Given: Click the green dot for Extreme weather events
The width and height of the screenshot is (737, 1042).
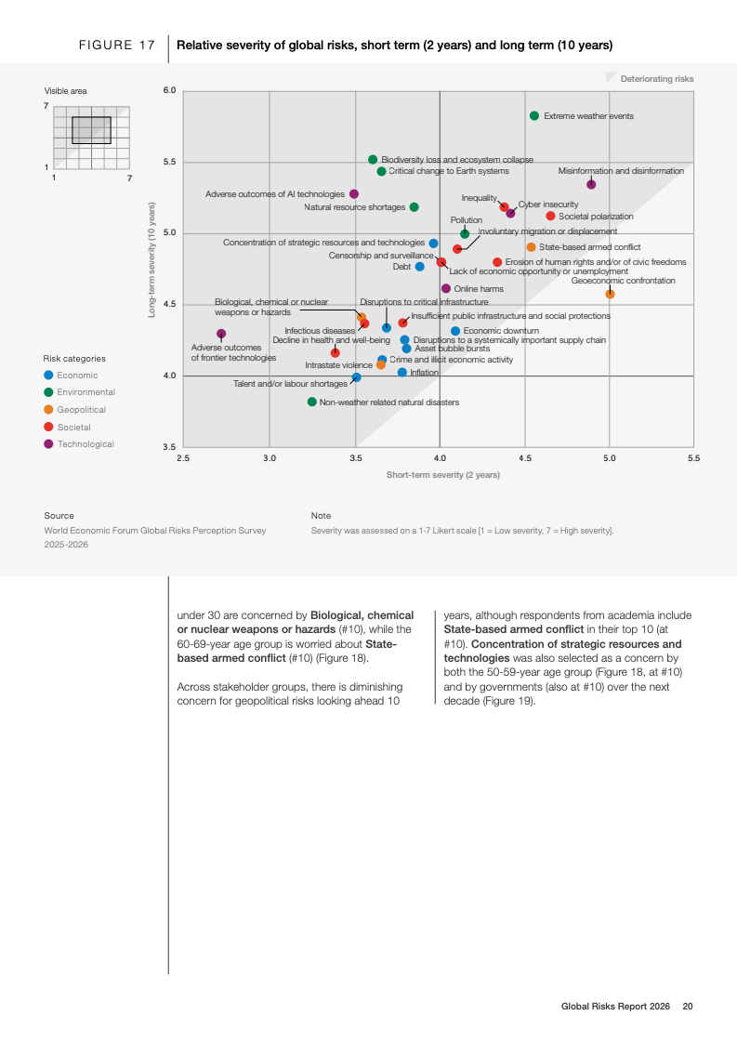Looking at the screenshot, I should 534,116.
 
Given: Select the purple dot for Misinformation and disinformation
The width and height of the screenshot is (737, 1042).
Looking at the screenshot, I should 591,185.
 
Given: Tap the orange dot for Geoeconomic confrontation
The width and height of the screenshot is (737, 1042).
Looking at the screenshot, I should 610,294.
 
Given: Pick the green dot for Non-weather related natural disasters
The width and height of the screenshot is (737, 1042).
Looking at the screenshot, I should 312,402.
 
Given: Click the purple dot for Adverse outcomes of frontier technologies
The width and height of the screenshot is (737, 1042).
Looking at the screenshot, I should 221,334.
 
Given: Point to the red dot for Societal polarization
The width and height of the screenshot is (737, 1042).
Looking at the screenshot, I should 550,216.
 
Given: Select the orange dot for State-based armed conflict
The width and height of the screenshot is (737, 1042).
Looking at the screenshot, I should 531,247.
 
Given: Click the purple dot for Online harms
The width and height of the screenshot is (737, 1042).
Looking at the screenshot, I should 446,289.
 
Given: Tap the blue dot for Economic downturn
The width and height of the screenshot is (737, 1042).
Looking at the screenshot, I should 455,331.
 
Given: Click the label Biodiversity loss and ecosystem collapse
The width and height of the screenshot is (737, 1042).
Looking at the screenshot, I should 457,160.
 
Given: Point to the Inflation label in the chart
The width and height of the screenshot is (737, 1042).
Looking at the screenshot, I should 424,373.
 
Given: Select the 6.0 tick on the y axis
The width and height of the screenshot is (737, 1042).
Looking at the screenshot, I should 169,91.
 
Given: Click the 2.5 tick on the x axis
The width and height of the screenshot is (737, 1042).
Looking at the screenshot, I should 183,458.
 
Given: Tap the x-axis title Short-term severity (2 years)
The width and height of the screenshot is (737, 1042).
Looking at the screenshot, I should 443,475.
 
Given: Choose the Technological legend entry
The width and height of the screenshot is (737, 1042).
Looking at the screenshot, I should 86,444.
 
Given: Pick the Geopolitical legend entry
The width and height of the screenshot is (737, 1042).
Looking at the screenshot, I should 82,410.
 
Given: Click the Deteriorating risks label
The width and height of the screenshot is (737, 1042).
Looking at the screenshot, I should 657,79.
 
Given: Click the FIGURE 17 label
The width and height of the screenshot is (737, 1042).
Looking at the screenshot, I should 117,46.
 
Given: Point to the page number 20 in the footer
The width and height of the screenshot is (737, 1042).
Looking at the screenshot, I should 688,1006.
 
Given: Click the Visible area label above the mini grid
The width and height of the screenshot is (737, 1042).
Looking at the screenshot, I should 66,91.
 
